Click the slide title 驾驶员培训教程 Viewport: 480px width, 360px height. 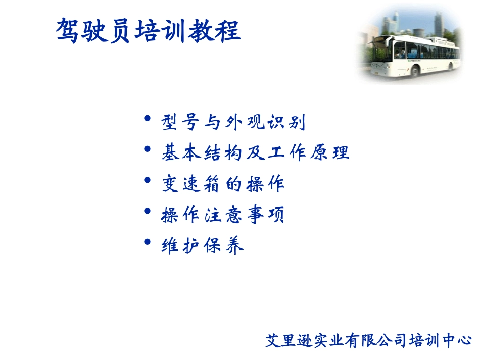pos(148,31)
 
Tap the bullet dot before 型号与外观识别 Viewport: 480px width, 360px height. pos(147,119)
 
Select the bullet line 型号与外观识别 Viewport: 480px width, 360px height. pos(233,122)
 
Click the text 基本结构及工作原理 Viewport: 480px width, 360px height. pos(255,152)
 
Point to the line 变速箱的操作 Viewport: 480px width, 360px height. pos(223,184)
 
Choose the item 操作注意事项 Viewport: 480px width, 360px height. pos(223,215)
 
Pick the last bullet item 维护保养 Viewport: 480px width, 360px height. pos(202,246)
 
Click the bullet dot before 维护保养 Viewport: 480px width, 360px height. pos(147,242)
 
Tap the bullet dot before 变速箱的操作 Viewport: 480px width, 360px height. pos(147,181)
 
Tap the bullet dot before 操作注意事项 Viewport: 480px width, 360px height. pos(147,212)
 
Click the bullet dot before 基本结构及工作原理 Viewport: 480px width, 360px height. pos(147,150)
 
